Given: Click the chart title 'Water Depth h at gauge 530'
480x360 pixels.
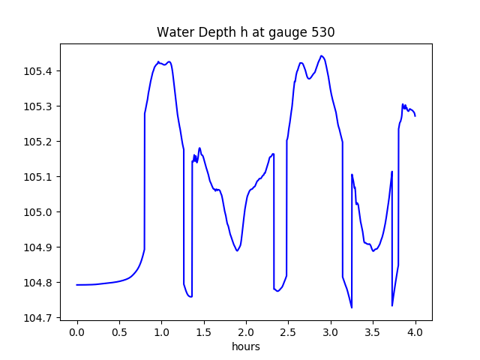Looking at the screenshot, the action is point(246,32).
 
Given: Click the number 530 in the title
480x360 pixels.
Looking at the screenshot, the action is point(323,32).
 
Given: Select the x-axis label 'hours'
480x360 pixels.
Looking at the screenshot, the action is point(246,346).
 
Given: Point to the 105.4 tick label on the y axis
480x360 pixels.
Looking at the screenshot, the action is point(38,71).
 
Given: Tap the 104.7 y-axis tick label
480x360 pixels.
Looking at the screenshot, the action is point(38,318).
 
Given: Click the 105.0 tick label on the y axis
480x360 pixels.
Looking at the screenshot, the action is point(38,212).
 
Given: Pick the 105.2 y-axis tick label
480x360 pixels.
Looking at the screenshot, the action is point(38,142).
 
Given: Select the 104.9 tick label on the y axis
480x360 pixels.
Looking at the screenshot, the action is point(38,247).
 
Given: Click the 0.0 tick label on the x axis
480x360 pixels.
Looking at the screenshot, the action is point(76,332).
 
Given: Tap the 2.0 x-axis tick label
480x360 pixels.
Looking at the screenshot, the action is point(246,332).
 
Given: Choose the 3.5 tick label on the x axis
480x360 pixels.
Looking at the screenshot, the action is point(373,332).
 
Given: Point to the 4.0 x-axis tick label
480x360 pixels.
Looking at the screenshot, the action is point(415,332).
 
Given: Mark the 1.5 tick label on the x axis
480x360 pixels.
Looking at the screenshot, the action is point(204,332).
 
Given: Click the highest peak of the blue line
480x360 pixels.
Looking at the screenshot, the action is point(321,55).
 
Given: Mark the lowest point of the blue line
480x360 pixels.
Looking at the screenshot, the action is point(352,307).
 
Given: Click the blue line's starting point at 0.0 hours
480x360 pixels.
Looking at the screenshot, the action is point(76,285).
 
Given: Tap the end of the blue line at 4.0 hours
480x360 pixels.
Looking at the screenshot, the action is point(415,116).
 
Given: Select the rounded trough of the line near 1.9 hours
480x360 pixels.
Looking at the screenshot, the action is point(237,251).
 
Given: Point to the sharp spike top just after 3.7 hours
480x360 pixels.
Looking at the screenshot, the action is point(391,172).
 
